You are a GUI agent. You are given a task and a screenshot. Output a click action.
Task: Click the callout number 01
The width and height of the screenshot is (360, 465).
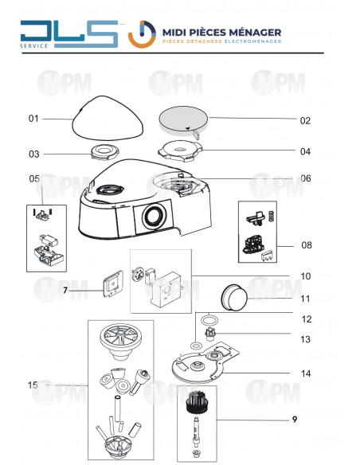tap(33, 119)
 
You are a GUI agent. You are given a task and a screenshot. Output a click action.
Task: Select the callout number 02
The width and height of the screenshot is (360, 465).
tap(305, 121)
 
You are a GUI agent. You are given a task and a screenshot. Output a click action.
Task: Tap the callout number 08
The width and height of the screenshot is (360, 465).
tap(307, 245)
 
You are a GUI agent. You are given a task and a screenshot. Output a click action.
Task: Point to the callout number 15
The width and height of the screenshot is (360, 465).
tap(33, 385)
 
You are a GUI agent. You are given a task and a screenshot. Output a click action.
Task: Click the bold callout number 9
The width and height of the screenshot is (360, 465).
tap(295, 420)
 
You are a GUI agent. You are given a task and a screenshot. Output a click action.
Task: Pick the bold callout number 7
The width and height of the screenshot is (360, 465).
tap(65, 291)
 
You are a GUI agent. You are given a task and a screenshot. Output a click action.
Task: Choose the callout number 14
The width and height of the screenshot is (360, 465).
tap(306, 373)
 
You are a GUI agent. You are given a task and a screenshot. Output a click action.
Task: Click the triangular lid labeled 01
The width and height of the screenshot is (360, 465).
tap(108, 118)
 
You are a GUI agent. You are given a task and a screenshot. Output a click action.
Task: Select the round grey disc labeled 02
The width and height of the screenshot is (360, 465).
tap(183, 120)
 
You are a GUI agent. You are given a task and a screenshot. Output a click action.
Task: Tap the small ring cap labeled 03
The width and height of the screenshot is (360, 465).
tap(104, 152)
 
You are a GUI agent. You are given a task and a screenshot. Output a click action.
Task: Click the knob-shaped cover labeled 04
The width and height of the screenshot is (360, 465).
tap(180, 150)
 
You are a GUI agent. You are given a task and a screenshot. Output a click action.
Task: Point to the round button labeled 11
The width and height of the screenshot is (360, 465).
tap(234, 298)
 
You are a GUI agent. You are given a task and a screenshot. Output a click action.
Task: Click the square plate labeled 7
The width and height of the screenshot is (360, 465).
tap(112, 284)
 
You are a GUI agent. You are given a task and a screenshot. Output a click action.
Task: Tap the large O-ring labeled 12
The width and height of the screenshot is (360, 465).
tap(209, 320)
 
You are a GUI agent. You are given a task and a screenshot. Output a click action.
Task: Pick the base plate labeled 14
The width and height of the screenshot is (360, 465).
tap(205, 362)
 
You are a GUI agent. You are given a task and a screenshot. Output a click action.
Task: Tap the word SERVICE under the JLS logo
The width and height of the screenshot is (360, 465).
tap(33, 45)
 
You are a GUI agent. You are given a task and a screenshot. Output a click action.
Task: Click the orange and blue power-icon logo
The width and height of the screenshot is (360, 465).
tap(142, 34)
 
